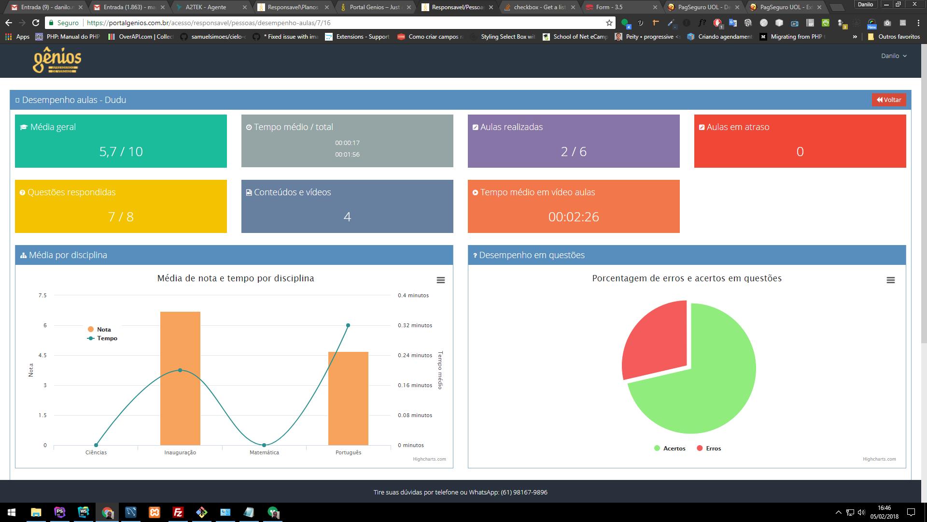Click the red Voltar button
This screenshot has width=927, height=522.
point(889,100)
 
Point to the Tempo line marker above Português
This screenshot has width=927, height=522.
point(348,325)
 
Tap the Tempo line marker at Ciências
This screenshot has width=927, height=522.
point(96,445)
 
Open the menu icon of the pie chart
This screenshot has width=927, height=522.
point(891,280)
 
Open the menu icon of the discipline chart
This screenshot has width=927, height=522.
point(441,280)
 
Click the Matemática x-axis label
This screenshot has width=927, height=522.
point(264,453)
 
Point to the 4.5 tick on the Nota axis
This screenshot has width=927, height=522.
point(43,355)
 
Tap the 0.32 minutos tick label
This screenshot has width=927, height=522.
point(415,326)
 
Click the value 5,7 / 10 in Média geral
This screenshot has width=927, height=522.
point(121,152)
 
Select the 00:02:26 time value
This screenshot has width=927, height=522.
point(574,217)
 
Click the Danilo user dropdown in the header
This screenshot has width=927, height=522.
point(894,56)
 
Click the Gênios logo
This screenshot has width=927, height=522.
point(57,60)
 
